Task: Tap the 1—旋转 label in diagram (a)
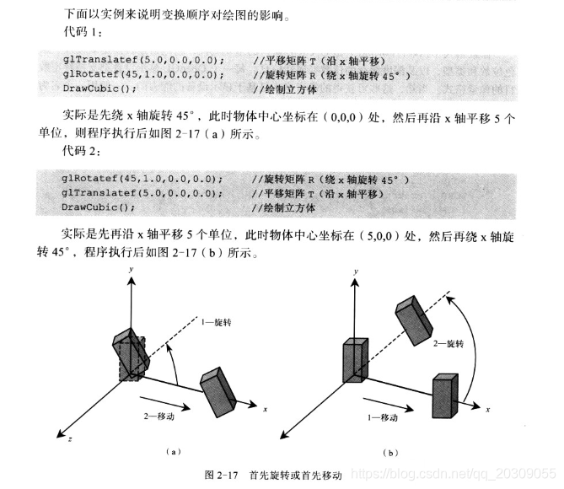point(222,320)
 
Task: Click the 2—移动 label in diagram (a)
point(161,415)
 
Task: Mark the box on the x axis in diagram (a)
point(217,388)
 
